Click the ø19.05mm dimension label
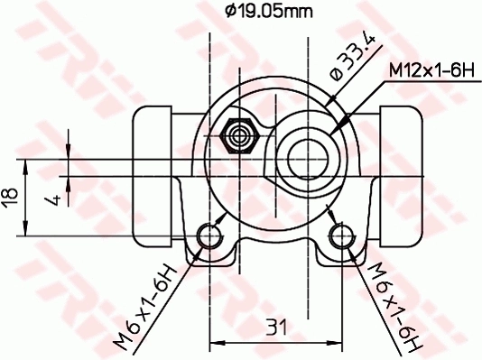268,12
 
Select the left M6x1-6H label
144,304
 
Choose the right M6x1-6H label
395,304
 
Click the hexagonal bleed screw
240,134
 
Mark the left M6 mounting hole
210,236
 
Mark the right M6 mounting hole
339,236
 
